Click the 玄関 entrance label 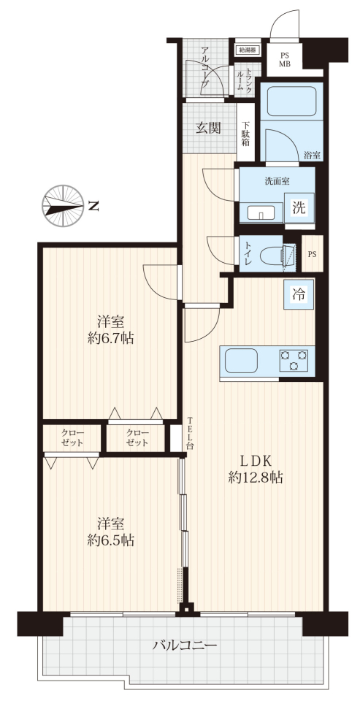(x=208, y=129)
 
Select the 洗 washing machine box (x=299, y=207)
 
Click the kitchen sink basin (x=241, y=360)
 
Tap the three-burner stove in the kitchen (x=294, y=360)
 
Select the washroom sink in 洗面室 (x=262, y=213)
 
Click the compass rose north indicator (x=63, y=206)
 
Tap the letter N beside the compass (x=93, y=206)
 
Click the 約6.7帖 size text (x=110, y=338)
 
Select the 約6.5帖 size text (x=110, y=540)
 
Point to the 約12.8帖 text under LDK (x=256, y=478)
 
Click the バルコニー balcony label (x=185, y=645)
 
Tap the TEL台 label (x=190, y=433)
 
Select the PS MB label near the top (x=285, y=59)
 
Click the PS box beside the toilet (x=312, y=254)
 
